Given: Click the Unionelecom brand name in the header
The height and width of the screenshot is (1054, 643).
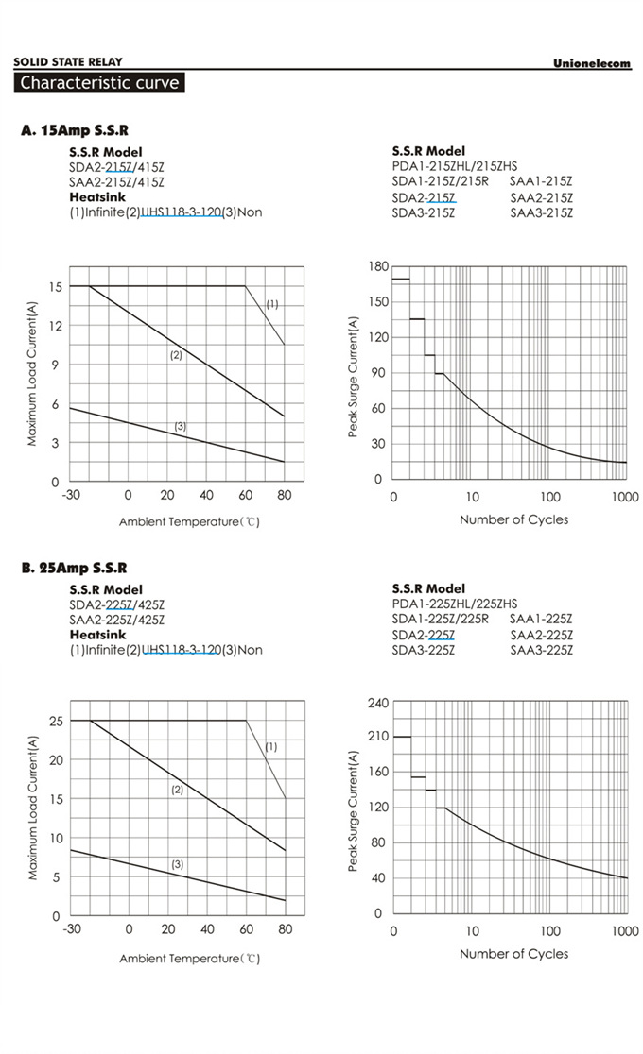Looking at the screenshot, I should tap(591, 62).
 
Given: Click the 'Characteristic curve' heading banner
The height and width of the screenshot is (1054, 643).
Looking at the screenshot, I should tap(99, 82).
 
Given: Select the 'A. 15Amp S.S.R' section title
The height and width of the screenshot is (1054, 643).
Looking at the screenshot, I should tap(75, 131).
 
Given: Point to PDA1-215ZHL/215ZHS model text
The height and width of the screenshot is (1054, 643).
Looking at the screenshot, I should tap(455, 166).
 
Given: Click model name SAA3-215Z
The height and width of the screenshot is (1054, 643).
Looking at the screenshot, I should tap(542, 213).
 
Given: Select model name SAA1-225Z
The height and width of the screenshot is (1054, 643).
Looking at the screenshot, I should tap(542, 619).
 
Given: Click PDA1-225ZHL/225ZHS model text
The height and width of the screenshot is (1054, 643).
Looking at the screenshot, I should tap(455, 603).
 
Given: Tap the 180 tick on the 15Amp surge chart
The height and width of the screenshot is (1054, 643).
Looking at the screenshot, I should tap(378, 267).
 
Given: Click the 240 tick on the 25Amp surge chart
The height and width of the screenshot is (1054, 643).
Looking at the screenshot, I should tap(377, 703).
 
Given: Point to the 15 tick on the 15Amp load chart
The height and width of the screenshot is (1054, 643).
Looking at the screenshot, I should tap(57, 286).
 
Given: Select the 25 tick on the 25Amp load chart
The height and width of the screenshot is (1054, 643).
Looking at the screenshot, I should tap(56, 721).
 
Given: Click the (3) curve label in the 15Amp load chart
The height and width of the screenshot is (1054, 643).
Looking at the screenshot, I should tap(181, 427).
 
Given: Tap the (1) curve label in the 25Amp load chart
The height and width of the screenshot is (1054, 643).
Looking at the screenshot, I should tap(270, 746).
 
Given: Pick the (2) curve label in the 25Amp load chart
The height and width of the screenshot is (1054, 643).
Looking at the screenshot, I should tap(177, 790).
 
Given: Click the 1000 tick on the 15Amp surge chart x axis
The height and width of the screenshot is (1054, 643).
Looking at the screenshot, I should tap(626, 497).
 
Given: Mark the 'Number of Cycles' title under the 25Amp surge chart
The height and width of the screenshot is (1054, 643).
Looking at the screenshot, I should tap(514, 954).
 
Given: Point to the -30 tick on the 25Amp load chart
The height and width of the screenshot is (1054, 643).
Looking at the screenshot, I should tap(71, 930).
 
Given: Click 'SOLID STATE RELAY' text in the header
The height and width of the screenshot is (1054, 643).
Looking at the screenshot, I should tap(67, 62).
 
